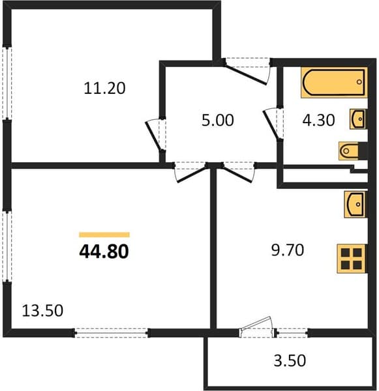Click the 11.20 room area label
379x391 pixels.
(x=104, y=88)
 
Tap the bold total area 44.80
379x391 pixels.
(x=104, y=251)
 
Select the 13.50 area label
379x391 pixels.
(x=42, y=311)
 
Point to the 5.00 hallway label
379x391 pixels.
(x=218, y=120)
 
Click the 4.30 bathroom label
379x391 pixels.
(x=318, y=120)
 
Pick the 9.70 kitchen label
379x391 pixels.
(x=288, y=250)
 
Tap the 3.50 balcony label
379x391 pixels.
(x=290, y=360)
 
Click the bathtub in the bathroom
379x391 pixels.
(x=334, y=83)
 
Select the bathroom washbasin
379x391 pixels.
(x=357, y=119)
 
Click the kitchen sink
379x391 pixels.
(x=354, y=205)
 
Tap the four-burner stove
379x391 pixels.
(x=352, y=259)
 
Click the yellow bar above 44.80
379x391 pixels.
(x=104, y=235)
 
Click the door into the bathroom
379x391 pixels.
(x=273, y=123)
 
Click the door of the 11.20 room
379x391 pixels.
(x=155, y=134)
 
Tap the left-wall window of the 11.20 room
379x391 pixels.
(x=7, y=83)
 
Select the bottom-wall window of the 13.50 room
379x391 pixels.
(x=112, y=333)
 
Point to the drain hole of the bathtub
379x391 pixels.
(x=359, y=82)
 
